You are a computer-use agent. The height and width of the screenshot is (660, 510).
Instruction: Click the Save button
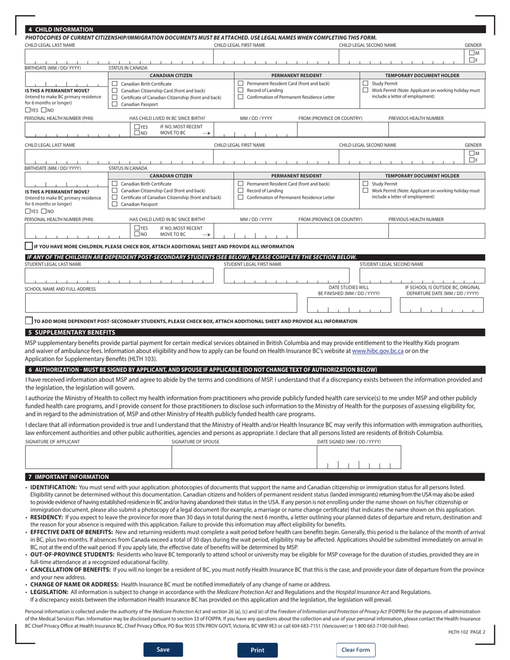[x=163, y=649]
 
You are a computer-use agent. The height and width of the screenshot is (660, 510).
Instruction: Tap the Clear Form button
[x=355, y=650]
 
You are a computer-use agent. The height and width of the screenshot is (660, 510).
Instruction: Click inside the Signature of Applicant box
[x=98, y=458]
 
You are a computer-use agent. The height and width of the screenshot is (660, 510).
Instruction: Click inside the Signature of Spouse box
[x=244, y=458]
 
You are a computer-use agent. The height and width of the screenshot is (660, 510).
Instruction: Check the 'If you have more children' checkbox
[x=29, y=246]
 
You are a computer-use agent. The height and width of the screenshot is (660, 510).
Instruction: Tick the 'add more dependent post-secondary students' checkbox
[x=29, y=321]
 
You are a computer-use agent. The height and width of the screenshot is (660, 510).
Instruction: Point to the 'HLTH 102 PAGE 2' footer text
[x=467, y=632]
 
